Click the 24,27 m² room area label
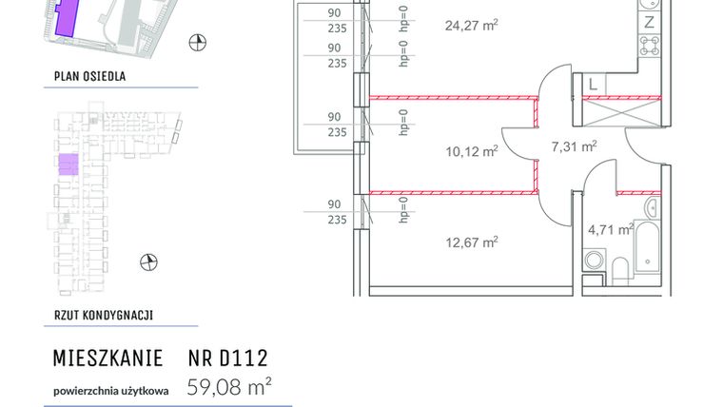471,26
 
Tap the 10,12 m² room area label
473,150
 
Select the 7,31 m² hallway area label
574,145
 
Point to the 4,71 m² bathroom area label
610,228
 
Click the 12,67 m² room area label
473,242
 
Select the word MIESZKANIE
106,359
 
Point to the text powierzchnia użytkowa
110,389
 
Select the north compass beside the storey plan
147,262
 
